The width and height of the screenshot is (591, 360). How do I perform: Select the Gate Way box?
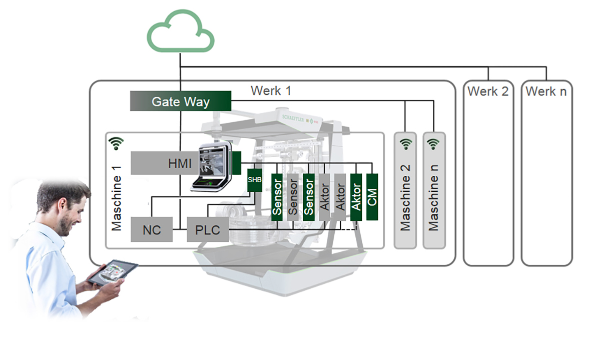pyautogui.click(x=180, y=101)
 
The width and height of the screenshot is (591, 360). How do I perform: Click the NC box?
pyautogui.click(x=152, y=229)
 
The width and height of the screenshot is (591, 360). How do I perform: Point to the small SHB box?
pyautogui.click(x=255, y=180)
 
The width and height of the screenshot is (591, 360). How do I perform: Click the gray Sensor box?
pyautogui.click(x=293, y=197)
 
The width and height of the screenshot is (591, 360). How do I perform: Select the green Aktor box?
pyautogui.click(x=356, y=197)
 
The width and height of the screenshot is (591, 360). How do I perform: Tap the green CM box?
pyautogui.click(x=372, y=197)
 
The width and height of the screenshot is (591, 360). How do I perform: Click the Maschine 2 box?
pyautogui.click(x=405, y=190)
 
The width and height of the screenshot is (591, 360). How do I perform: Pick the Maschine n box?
pyautogui.click(x=433, y=190)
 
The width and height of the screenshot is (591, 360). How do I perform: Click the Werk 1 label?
pyautogui.click(x=271, y=91)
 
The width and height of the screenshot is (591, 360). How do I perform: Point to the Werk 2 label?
pyautogui.click(x=488, y=92)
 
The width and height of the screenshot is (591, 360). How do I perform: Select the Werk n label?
pyautogui.click(x=546, y=92)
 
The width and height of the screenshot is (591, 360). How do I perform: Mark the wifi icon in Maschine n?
pyautogui.click(x=433, y=144)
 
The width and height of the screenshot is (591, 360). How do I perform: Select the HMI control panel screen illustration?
pyautogui.click(x=212, y=166)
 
